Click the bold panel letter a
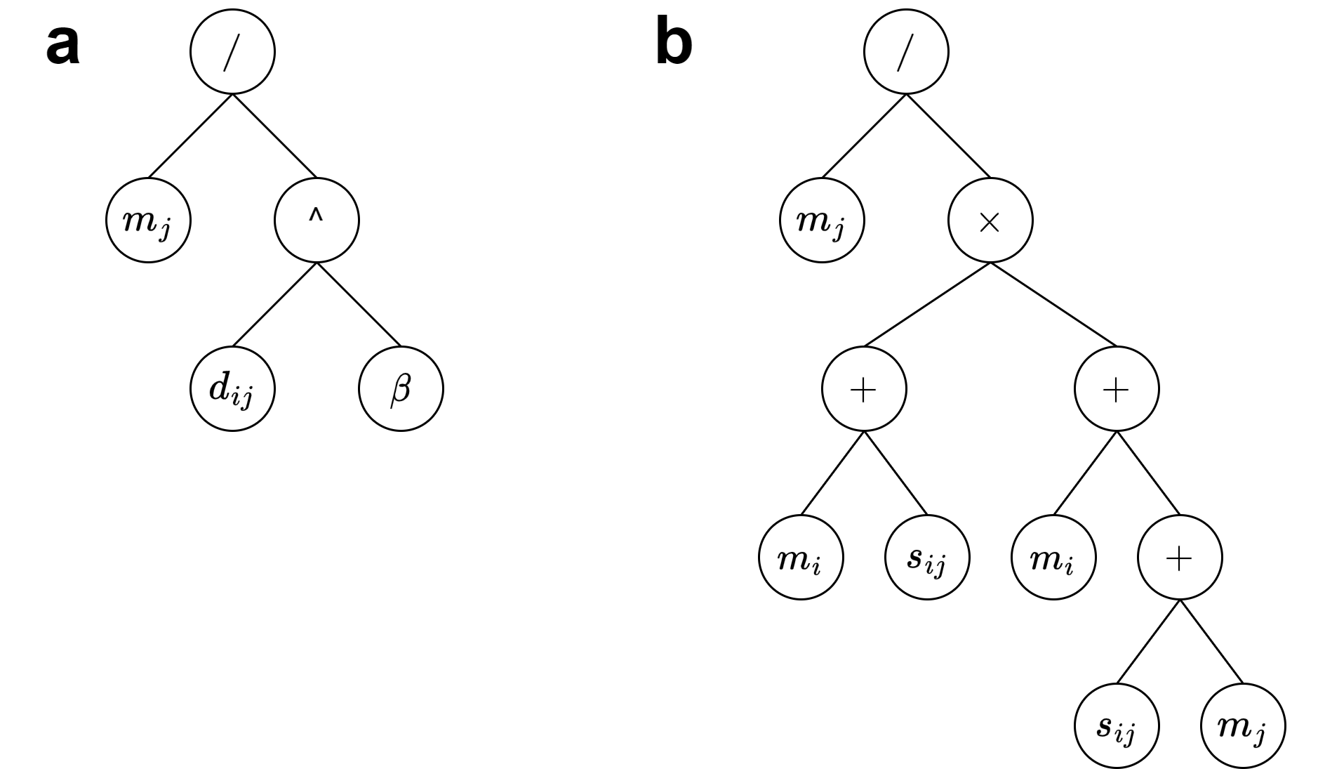(x=62, y=45)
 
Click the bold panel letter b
(x=673, y=44)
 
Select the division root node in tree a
(x=232, y=52)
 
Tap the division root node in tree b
(x=905, y=52)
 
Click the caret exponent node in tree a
(x=317, y=220)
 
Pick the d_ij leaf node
(x=232, y=388)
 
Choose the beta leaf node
(x=401, y=388)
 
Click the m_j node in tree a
(x=148, y=220)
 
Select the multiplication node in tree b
(x=990, y=220)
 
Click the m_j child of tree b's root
(x=822, y=220)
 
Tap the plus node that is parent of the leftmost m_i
(x=864, y=388)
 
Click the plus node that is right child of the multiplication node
(x=1116, y=388)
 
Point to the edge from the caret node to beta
(x=359, y=304)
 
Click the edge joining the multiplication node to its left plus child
(x=926, y=304)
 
